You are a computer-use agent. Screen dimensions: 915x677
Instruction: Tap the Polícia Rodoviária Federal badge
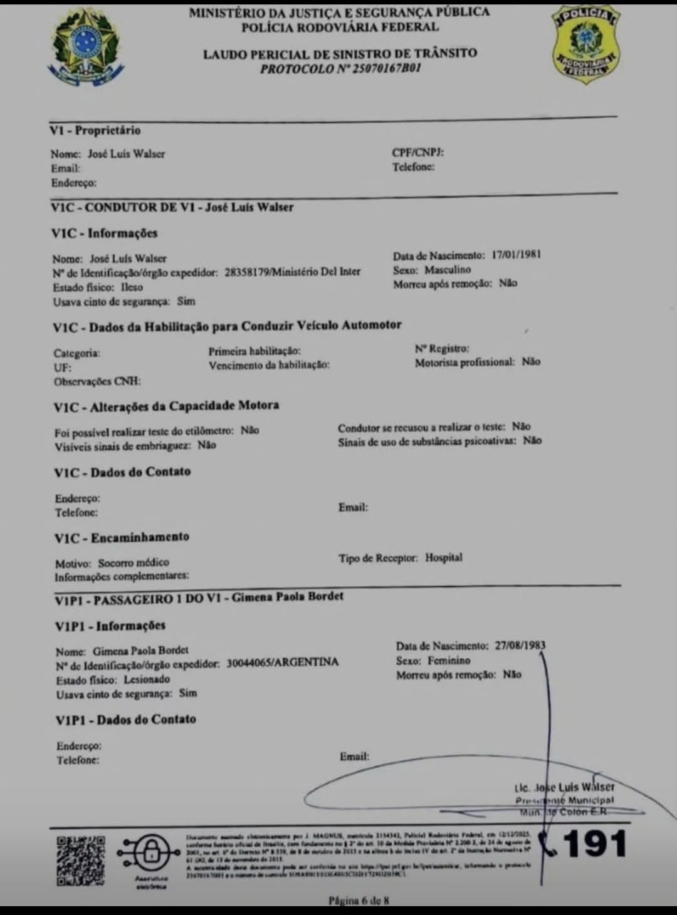(x=585, y=44)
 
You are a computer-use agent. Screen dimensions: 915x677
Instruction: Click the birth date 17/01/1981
(x=516, y=255)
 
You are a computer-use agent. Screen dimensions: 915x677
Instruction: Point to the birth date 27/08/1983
(x=520, y=645)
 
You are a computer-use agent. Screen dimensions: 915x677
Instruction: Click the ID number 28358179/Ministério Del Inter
(x=292, y=272)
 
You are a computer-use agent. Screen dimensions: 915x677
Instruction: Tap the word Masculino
(x=448, y=270)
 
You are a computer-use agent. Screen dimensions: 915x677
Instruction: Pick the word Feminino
(x=449, y=660)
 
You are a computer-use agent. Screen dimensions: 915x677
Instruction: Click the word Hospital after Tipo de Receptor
(x=444, y=557)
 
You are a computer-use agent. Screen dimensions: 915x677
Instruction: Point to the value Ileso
(x=132, y=287)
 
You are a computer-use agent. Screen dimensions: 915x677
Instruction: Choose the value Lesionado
(x=147, y=679)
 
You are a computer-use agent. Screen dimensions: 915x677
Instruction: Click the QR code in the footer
(x=81, y=861)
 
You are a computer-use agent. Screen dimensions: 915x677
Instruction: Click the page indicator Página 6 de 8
(x=359, y=901)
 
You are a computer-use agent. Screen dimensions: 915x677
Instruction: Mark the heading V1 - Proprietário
(x=95, y=130)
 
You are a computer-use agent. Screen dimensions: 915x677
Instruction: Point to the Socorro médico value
(x=134, y=562)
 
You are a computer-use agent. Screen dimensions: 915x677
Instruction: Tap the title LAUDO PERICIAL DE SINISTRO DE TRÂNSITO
(x=340, y=54)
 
